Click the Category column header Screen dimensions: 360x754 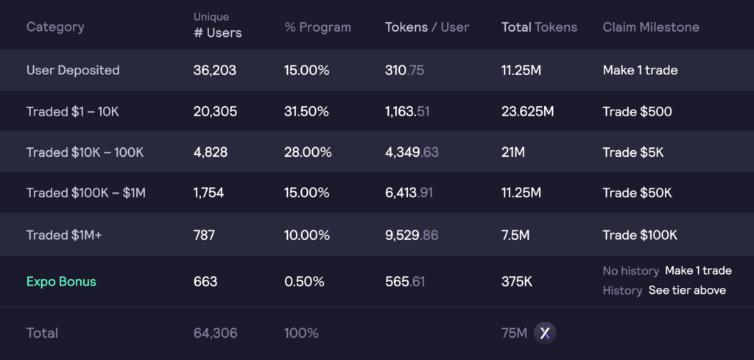click(55, 27)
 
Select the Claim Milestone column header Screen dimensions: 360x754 click(651, 27)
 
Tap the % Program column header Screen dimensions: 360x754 click(317, 27)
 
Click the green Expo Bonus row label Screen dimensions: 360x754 click(61, 281)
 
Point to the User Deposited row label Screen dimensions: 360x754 click(73, 71)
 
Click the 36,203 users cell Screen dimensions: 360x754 click(215, 71)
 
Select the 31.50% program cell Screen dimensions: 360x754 click(307, 112)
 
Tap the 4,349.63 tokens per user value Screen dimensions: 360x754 click(412, 152)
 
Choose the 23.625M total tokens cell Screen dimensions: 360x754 click(528, 112)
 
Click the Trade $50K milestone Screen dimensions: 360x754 click(637, 193)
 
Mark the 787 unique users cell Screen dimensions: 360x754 click(204, 235)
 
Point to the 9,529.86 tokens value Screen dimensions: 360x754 click(412, 235)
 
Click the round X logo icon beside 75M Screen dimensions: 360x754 click(545, 333)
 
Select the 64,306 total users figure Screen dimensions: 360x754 click(215, 333)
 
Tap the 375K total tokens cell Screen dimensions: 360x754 click(518, 281)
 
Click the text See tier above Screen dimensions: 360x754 click(687, 290)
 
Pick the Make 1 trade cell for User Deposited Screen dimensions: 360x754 click(640, 71)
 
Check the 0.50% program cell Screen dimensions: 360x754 click(304, 281)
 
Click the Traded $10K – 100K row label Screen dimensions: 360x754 click(85, 152)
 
